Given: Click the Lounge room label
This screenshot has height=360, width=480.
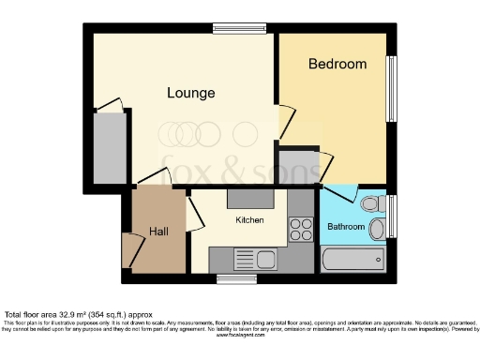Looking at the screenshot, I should click(x=191, y=93).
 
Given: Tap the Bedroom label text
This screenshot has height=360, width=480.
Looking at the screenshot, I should click(x=337, y=64).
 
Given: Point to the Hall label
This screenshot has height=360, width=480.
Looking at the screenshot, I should click(x=158, y=231).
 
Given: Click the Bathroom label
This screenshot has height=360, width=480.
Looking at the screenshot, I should click(x=346, y=227).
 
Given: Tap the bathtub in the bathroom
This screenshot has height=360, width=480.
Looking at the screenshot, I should click(x=352, y=260).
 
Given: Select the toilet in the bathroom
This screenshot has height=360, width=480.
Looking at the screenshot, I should click(x=370, y=202).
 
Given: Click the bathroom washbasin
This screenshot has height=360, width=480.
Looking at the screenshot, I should click(x=378, y=228).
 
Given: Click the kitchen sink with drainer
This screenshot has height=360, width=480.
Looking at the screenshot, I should click(x=254, y=259).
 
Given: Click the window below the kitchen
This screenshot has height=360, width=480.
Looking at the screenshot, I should click(x=231, y=277).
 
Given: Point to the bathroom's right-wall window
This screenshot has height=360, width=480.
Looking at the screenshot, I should click(x=391, y=217).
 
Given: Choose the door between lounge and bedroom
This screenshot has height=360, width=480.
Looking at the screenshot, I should click(x=282, y=120).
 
